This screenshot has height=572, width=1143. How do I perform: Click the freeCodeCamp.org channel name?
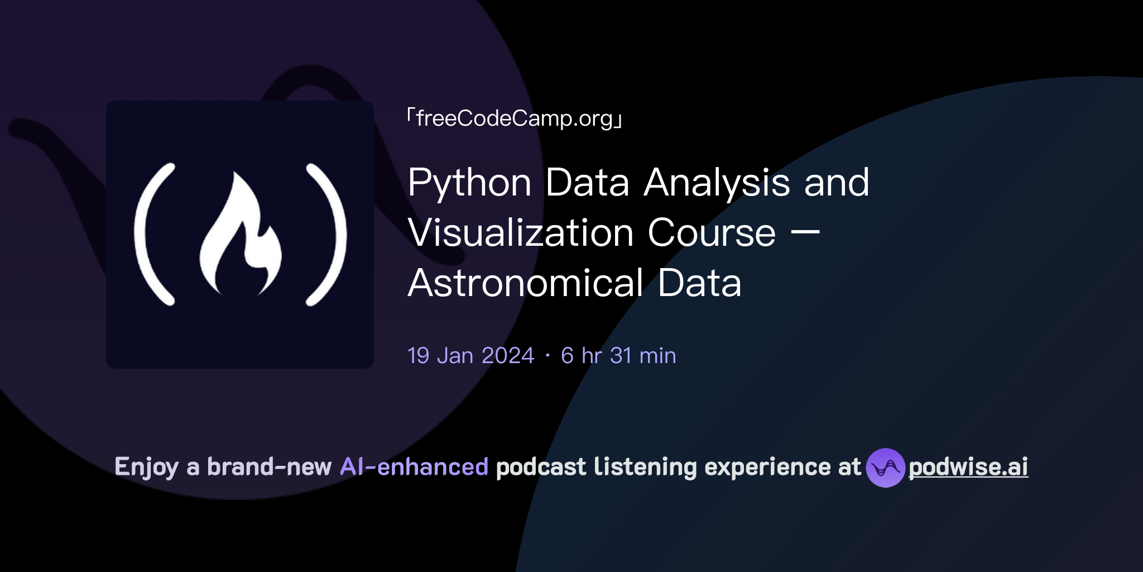pos(514,118)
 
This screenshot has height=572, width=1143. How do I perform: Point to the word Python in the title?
pos(469,183)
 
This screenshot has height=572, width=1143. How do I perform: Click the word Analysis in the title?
pos(717,183)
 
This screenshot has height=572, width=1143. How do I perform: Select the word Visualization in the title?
pos(520,233)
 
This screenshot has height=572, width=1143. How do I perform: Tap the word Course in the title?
pos(712,233)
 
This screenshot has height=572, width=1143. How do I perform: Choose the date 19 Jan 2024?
pos(470,356)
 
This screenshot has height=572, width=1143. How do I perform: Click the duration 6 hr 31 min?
pos(618,356)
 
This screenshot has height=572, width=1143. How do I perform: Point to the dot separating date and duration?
pos(548,356)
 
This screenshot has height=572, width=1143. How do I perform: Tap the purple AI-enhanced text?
pos(414,467)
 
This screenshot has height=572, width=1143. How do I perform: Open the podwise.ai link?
pos(968,467)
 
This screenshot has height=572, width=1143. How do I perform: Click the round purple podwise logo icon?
pos(885,468)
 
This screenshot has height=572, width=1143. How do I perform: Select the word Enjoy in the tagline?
pos(146,467)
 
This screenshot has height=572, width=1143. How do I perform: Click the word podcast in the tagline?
pos(541,467)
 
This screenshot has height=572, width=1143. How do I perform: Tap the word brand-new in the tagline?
pos(269,467)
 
